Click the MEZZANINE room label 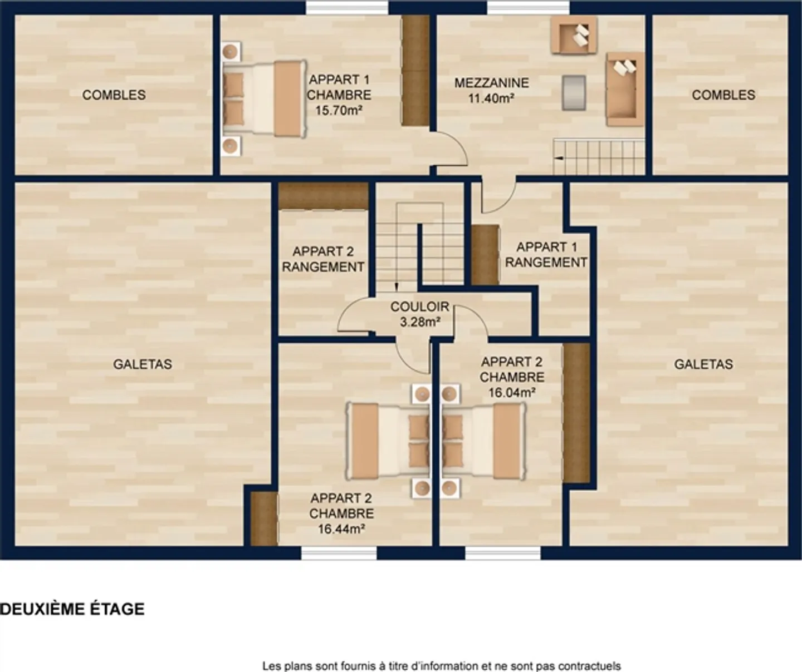coord(491,83)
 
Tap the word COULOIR coord(419,307)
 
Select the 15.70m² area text coord(339,110)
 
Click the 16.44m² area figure coord(341,529)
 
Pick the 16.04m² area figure coord(512,392)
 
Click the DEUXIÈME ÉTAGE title coord(72,609)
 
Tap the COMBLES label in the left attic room coord(114,95)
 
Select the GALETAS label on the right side coord(703,364)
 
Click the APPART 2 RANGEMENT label coord(323,259)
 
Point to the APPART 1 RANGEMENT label coord(546,255)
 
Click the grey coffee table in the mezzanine coord(574,92)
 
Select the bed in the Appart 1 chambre coord(264,98)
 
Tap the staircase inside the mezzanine coord(599,157)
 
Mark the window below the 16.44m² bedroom coord(339,552)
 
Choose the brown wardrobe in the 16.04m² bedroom coord(576,413)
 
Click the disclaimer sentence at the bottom coord(441,665)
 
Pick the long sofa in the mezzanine coord(625,89)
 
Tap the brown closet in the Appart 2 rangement coord(323,195)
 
